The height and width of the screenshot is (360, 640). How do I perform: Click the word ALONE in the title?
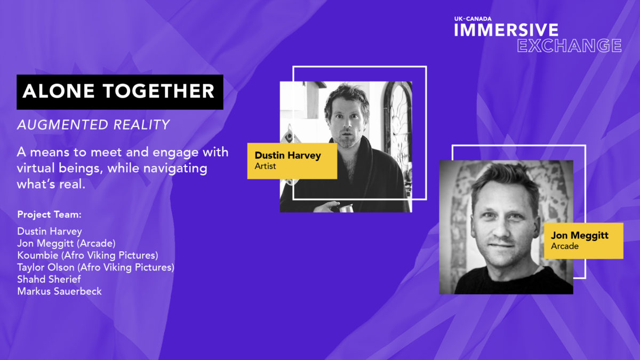tap(59, 91)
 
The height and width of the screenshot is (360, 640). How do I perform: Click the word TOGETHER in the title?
tap(158, 91)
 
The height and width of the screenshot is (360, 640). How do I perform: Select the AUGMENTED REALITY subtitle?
tap(93, 125)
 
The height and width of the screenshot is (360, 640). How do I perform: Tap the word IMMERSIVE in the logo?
tap(506, 30)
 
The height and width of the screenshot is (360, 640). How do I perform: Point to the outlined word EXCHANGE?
tap(569, 46)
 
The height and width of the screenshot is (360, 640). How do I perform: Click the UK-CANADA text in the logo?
tap(473, 19)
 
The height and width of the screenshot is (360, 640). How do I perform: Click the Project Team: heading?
tap(50, 214)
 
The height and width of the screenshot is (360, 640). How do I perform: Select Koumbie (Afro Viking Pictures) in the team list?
tap(87, 255)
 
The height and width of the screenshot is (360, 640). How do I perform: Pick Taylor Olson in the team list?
tap(46, 267)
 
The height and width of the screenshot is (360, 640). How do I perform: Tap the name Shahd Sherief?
tap(49, 279)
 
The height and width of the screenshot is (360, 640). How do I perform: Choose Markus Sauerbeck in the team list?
tap(59, 291)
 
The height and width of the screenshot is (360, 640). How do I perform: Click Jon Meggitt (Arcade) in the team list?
tap(66, 243)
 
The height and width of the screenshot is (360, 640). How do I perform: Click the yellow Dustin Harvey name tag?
tap(292, 161)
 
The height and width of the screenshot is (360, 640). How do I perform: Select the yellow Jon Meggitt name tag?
tap(583, 241)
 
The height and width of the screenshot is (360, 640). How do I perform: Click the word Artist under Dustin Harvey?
tap(265, 166)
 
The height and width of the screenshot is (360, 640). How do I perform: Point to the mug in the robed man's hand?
tap(346, 208)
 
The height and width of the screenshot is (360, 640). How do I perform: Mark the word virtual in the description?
tap(36, 168)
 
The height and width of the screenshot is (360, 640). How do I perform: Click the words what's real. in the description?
tap(51, 184)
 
